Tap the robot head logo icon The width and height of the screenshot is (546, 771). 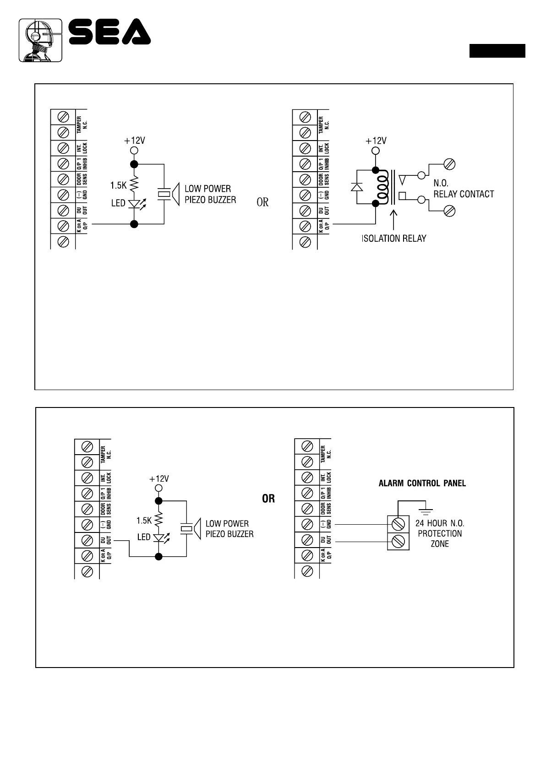(40, 40)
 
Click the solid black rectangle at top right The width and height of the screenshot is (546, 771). (497, 51)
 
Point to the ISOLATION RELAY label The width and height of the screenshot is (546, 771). (394, 239)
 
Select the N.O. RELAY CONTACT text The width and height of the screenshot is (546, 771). (463, 189)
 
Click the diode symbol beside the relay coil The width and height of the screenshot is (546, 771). (356, 186)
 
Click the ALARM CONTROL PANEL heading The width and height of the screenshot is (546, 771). (422, 483)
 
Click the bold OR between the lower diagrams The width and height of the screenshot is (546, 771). (268, 499)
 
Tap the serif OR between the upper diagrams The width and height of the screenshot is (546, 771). (262, 202)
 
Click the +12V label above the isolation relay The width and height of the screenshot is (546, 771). (376, 141)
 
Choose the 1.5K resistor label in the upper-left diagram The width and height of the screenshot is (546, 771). (118, 185)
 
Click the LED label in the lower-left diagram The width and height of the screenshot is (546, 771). (144, 537)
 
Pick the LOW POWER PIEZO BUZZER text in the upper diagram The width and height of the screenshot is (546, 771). (210, 194)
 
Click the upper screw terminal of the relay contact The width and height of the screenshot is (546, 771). (450, 164)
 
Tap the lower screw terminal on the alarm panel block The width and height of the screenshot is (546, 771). (399, 541)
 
